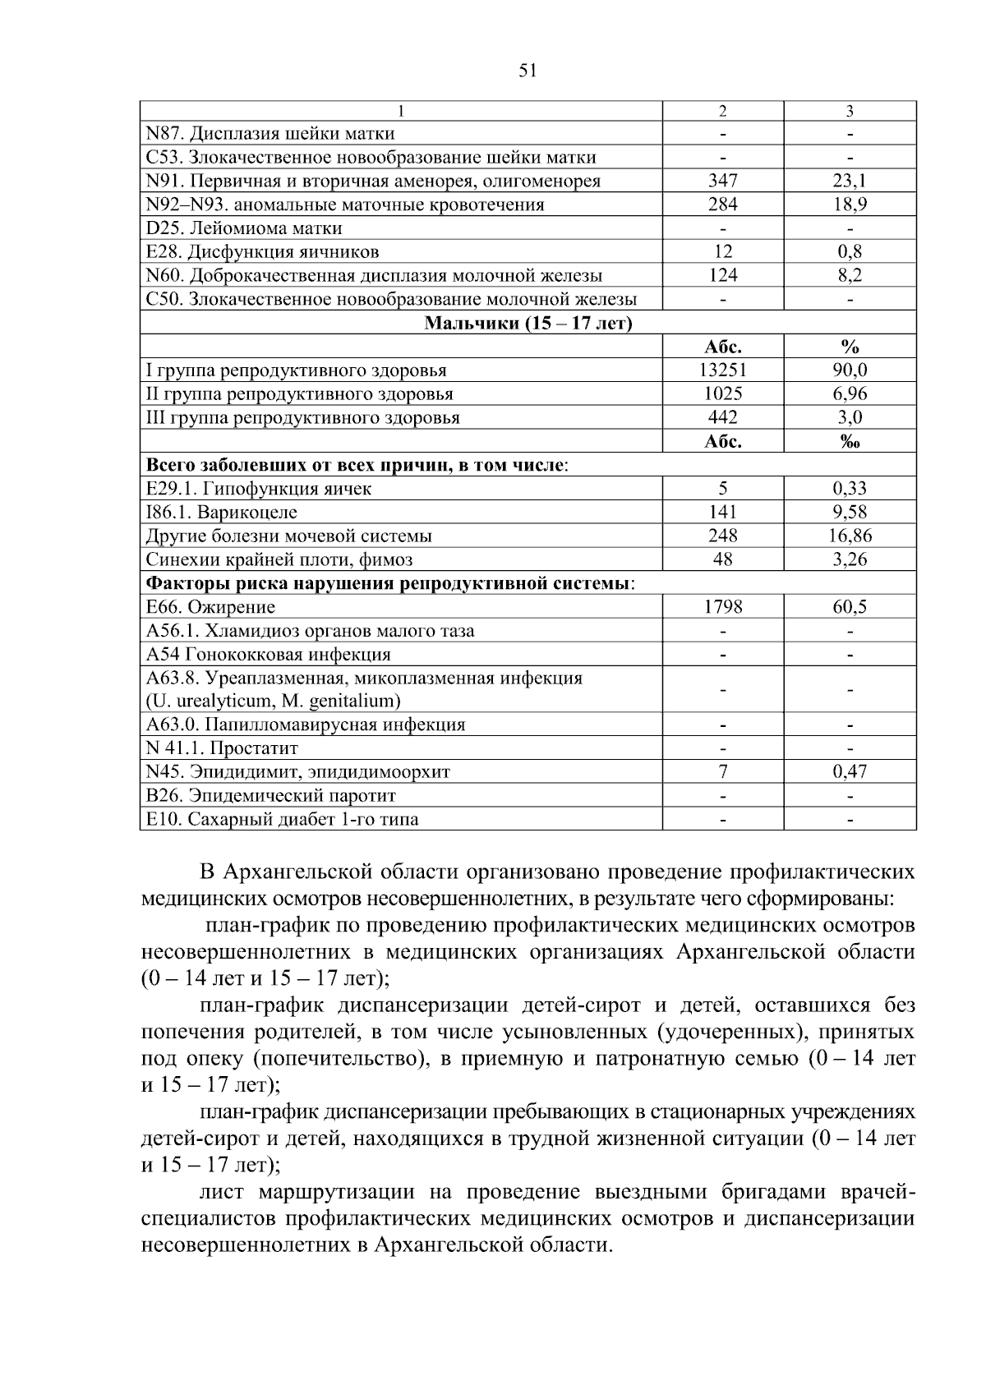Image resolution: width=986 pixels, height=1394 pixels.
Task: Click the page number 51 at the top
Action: pyautogui.click(x=528, y=71)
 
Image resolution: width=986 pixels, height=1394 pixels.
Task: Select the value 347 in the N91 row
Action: pyautogui.click(x=722, y=181)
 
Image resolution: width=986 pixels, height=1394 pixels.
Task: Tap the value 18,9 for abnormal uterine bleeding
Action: pyautogui.click(x=850, y=205)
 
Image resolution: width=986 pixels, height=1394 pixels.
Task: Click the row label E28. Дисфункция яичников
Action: pyautogui.click(x=262, y=251)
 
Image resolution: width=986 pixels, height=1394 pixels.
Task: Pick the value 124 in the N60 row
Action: pyautogui.click(x=722, y=275)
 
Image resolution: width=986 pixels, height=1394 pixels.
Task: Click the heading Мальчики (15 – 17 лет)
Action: pyautogui.click(x=528, y=323)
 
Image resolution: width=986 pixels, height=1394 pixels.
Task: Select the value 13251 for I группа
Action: pyautogui.click(x=722, y=370)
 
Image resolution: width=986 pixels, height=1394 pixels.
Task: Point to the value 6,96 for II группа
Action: pyautogui.click(x=850, y=394)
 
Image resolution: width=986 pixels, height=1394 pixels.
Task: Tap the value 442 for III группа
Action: pyautogui.click(x=722, y=417)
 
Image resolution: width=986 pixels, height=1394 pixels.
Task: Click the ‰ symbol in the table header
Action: pyautogui.click(x=850, y=442)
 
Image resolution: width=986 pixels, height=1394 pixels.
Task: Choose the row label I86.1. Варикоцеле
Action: pyautogui.click(x=222, y=513)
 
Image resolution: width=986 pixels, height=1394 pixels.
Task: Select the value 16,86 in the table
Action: pyautogui.click(x=850, y=536)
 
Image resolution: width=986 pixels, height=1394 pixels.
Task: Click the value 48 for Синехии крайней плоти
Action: pyautogui.click(x=722, y=560)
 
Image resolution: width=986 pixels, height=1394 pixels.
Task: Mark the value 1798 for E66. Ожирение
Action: pyautogui.click(x=722, y=607)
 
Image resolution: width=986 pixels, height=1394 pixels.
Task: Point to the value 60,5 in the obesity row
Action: pyautogui.click(x=850, y=607)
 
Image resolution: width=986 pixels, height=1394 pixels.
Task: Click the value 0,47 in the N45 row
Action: pyautogui.click(x=850, y=772)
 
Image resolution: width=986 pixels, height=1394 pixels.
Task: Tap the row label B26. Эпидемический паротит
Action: pyautogui.click(x=271, y=796)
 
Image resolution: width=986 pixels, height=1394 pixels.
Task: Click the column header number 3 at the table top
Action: pyautogui.click(x=850, y=111)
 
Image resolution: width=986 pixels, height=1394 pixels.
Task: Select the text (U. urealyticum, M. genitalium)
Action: pyautogui.click(x=274, y=702)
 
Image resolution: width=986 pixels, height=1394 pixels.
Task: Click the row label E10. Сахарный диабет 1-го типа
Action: pyautogui.click(x=282, y=820)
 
